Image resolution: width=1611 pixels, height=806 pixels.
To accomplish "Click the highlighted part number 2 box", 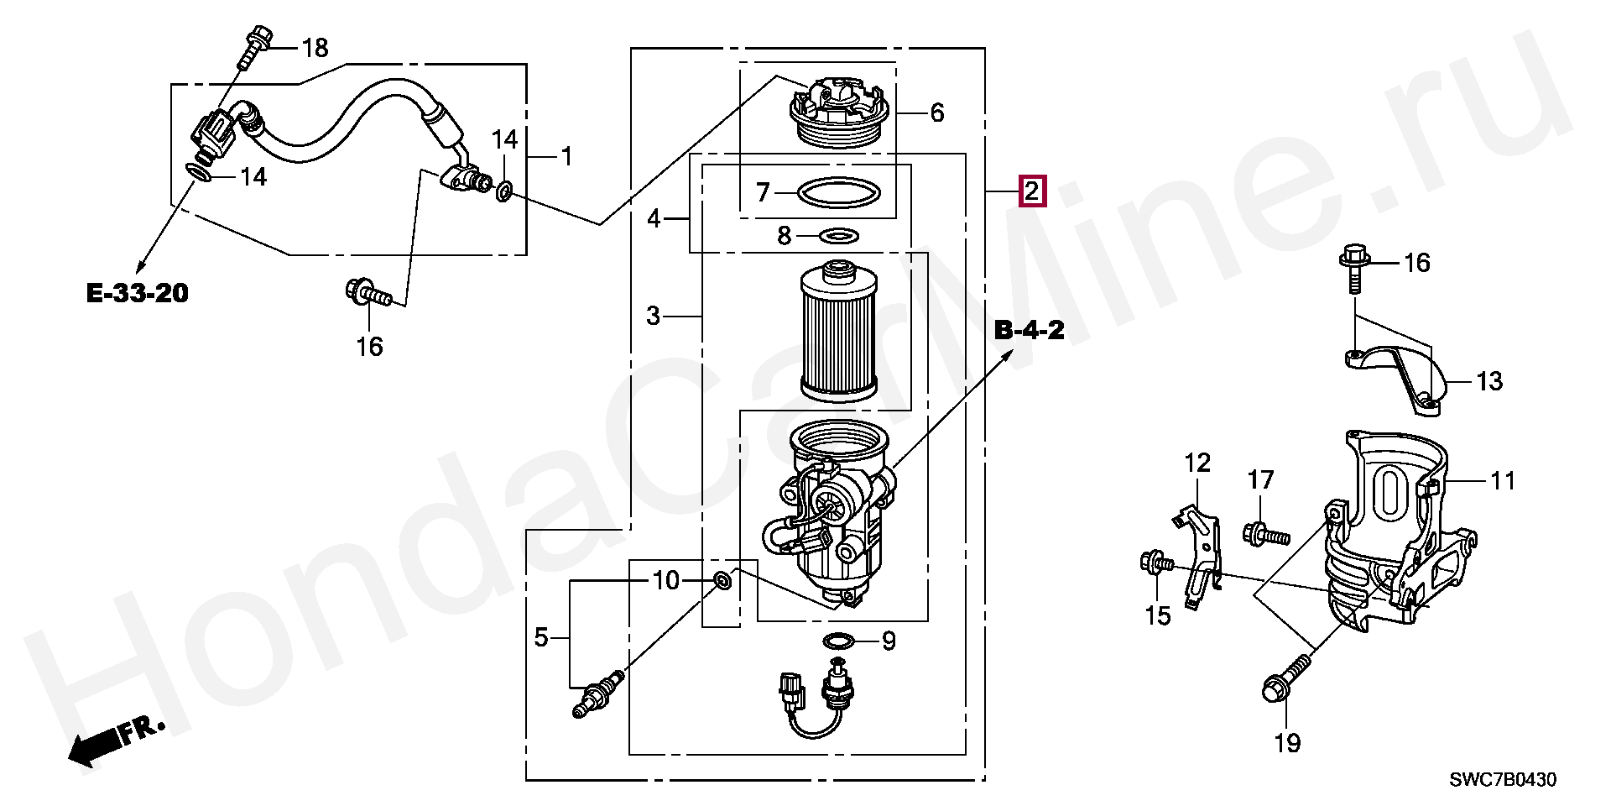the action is point(1031,191).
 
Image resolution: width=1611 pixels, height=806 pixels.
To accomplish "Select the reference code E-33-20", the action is point(138,294).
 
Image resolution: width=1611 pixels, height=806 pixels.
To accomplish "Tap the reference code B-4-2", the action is point(1029,330).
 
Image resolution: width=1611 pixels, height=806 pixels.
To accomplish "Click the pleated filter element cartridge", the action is point(840,330).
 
